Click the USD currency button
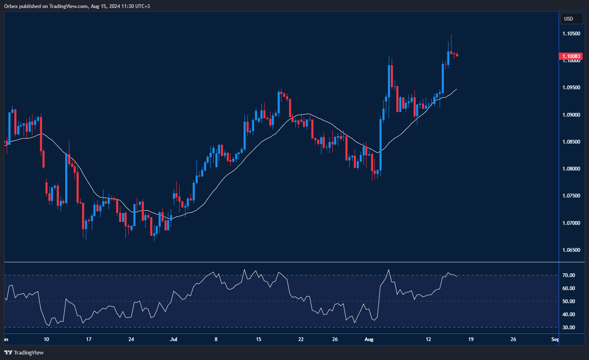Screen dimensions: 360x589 coord(571,19)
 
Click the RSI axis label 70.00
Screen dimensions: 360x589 coord(569,275)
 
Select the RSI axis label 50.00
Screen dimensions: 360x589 coord(569,301)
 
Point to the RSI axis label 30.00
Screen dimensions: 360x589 coord(569,328)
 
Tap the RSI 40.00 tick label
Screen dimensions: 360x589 coord(569,315)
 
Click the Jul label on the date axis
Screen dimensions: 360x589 coord(173,339)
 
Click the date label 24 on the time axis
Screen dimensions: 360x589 coord(131,339)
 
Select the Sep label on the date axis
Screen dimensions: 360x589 coord(555,339)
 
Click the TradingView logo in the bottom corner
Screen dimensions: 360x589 coord(24,352)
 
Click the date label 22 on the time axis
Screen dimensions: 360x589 coord(301,339)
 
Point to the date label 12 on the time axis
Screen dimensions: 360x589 coord(429,339)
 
